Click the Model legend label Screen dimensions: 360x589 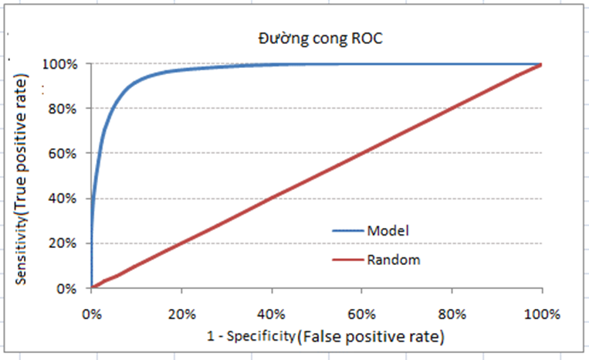388,230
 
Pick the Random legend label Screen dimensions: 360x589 394,260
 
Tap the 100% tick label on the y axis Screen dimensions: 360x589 61,63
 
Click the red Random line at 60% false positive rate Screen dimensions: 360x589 361,154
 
